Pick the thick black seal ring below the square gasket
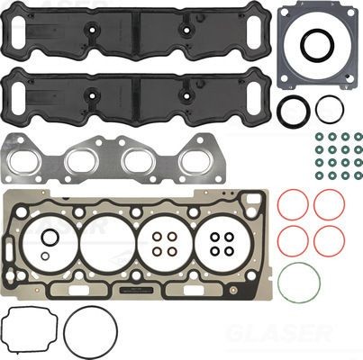point(293,111)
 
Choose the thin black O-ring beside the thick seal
point(331,109)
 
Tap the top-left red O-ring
point(292,204)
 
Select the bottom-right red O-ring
point(329,240)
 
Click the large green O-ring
point(298,283)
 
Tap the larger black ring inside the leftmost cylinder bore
point(50,238)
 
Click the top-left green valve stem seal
point(319,137)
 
